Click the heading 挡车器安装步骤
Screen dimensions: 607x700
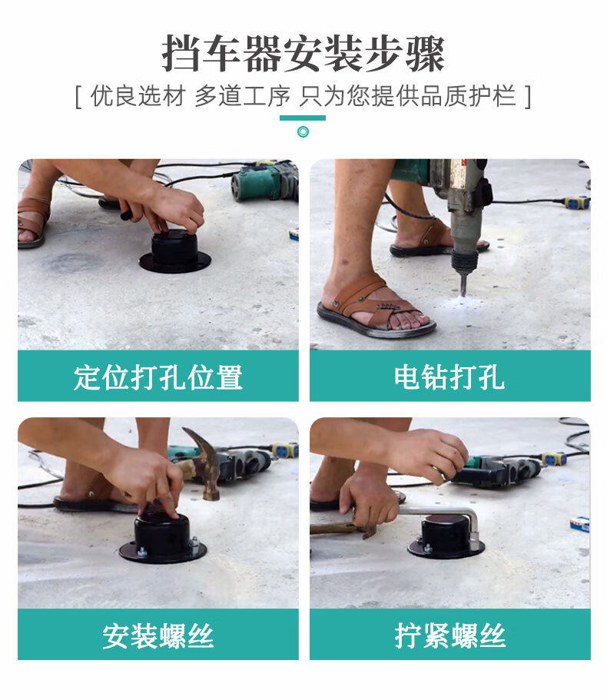click(x=303, y=54)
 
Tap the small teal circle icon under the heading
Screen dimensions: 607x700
click(x=303, y=131)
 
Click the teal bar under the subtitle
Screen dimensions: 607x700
click(x=303, y=118)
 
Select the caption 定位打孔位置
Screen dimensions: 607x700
click(x=158, y=377)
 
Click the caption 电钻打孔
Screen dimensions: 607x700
click(x=449, y=377)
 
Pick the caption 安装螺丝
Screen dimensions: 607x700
click(x=158, y=635)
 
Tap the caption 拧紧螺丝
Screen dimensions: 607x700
click(x=449, y=635)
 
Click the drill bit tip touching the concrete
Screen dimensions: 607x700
click(x=463, y=294)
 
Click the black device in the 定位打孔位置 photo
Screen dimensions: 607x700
click(x=174, y=251)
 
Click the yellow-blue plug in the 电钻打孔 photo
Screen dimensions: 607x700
click(x=576, y=203)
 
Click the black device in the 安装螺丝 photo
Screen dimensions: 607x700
click(x=162, y=538)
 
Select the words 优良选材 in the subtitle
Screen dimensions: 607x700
click(x=138, y=96)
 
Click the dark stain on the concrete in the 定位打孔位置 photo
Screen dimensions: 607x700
click(x=71, y=263)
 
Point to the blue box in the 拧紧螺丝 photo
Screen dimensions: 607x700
click(x=580, y=523)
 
